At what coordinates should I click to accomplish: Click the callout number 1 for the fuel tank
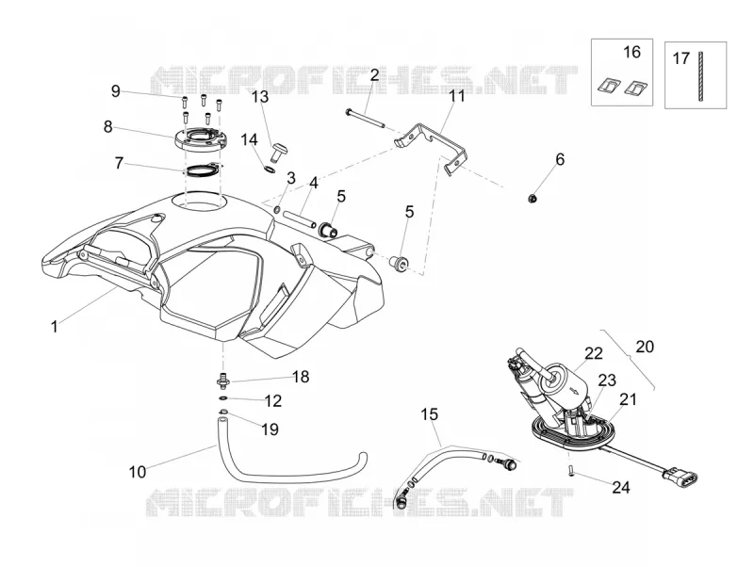click(55, 327)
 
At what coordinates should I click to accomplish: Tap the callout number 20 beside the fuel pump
click(645, 347)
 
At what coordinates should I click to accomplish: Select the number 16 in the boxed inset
click(631, 52)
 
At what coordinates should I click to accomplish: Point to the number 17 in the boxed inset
click(680, 58)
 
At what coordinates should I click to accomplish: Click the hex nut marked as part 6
click(533, 198)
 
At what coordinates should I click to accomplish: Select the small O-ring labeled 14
click(270, 169)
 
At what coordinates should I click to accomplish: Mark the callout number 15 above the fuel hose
click(430, 414)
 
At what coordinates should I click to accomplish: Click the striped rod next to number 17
click(699, 76)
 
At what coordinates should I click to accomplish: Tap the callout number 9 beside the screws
click(115, 91)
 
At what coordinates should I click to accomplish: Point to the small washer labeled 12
click(223, 397)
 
